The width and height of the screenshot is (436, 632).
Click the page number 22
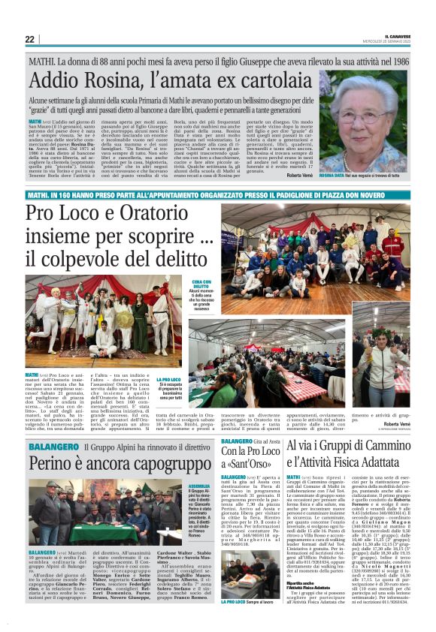point(29,39)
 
